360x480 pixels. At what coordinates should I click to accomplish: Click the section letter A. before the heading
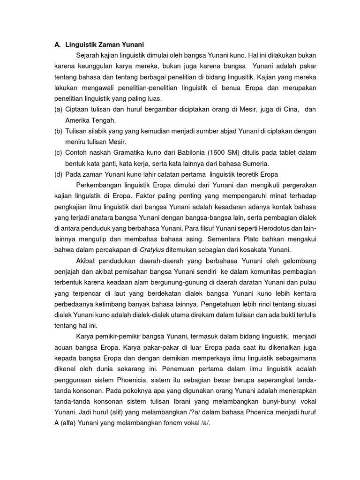tap(58, 45)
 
